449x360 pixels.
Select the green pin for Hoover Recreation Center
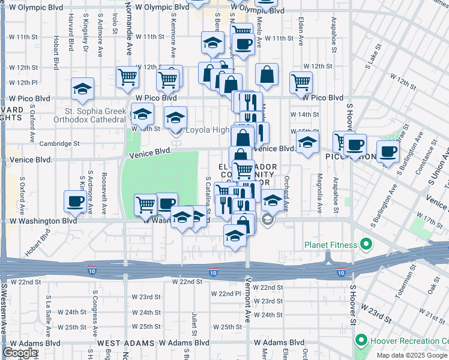point(361,341)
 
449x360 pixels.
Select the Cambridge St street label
point(59,143)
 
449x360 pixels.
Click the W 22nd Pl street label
point(229,293)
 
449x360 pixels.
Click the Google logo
point(20,353)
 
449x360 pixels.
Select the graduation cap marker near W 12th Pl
point(83,89)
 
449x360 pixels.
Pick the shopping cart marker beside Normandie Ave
point(128,77)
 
